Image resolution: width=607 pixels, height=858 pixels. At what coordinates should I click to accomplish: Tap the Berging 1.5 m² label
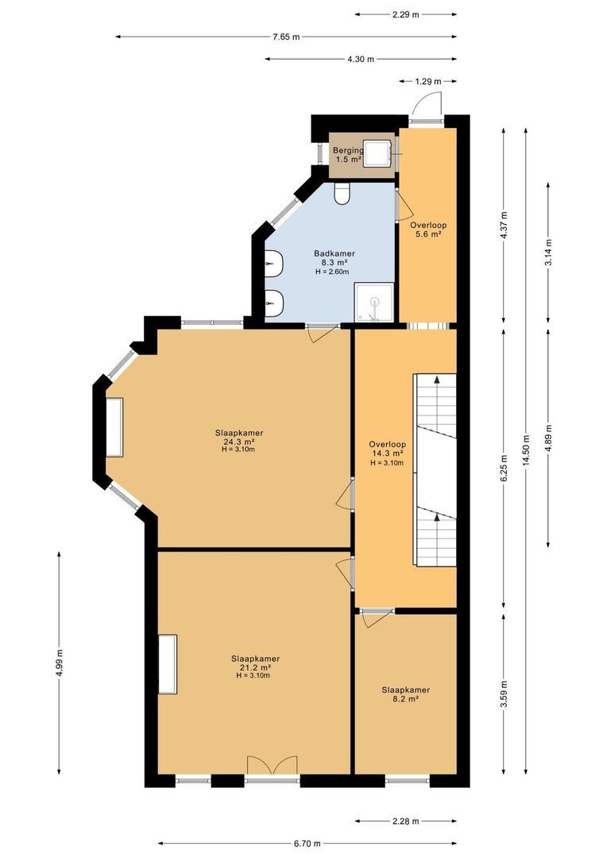tap(348, 155)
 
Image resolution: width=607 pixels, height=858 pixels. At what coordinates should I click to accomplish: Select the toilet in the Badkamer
tap(342, 194)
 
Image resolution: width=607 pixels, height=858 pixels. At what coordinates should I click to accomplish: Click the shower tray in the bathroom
tap(374, 302)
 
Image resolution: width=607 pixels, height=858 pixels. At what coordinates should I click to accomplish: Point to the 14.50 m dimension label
tap(527, 450)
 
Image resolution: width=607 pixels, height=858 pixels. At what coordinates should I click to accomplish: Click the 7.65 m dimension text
tap(286, 37)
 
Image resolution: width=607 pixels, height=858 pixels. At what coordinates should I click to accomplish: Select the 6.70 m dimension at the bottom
tap(307, 843)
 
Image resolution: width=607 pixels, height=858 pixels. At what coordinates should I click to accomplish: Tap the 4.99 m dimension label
tap(59, 663)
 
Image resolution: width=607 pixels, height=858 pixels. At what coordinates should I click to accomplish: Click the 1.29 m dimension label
tap(428, 82)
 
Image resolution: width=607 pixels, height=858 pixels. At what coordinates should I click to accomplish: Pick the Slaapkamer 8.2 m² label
tap(405, 694)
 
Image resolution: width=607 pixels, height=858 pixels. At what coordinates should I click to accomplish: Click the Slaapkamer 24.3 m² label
tap(239, 440)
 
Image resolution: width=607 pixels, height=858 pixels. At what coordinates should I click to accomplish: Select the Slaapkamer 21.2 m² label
tap(255, 667)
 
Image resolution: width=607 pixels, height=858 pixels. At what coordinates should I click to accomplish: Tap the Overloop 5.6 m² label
tap(428, 230)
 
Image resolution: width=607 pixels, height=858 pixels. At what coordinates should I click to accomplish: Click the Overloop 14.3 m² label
tap(387, 453)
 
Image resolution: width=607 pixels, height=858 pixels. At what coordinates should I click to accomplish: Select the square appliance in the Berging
tap(377, 152)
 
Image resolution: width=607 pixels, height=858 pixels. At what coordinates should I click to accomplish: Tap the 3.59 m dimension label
tap(505, 694)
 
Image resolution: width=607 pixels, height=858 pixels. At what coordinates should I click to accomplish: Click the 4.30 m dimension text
tap(361, 59)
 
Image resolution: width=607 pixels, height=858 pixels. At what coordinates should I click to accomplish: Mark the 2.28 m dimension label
tap(405, 821)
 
